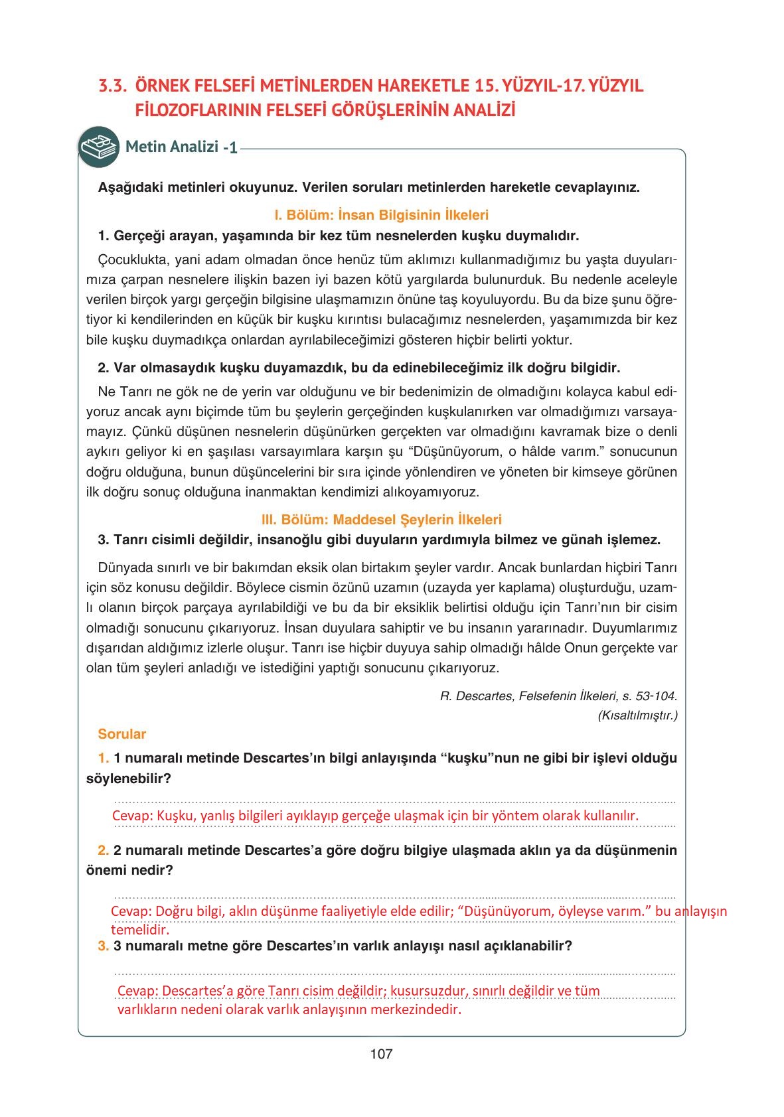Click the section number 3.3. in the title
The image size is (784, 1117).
[112, 86]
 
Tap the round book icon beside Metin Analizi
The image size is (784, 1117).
[98, 147]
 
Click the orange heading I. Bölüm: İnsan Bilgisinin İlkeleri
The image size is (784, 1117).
[381, 215]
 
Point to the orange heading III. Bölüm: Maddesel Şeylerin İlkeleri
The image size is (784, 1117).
[381, 520]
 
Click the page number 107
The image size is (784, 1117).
[381, 1054]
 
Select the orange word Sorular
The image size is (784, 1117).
[121, 734]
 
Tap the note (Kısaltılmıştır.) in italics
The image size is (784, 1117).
[637, 715]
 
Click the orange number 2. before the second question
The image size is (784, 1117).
[104, 850]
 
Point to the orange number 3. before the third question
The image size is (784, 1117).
[104, 946]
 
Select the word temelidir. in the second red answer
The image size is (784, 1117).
[140, 930]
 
